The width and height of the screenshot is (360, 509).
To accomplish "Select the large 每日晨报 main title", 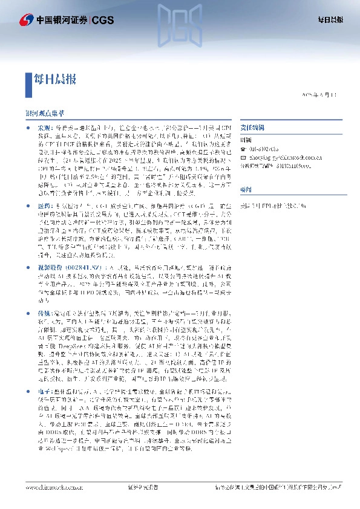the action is pyautogui.click(x=54, y=78).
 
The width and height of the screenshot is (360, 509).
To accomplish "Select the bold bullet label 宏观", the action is pyautogui.click(x=45, y=129).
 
